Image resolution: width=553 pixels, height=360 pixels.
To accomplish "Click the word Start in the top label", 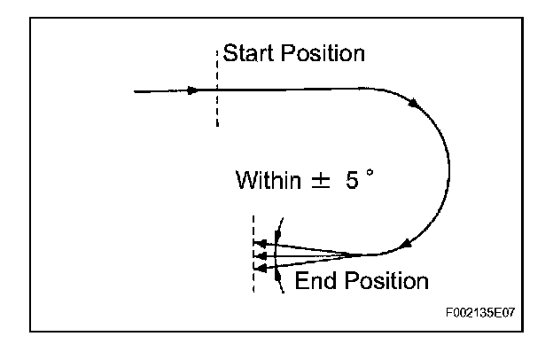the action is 248,53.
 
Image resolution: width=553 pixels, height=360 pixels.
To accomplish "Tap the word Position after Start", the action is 320,53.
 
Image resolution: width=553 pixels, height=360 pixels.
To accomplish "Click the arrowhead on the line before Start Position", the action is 194,90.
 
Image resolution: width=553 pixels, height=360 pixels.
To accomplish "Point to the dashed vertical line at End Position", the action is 253,254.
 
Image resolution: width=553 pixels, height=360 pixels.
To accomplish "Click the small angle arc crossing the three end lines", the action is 276,254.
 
